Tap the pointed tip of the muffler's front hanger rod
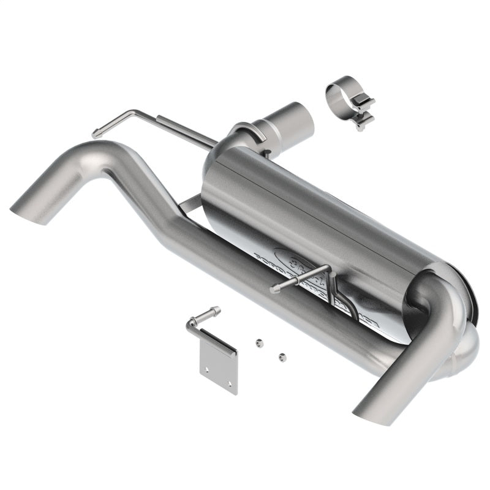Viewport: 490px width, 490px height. pos(274,290)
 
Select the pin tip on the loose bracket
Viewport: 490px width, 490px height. pos(215,311)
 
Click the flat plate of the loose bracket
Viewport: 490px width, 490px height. pos(219,368)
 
